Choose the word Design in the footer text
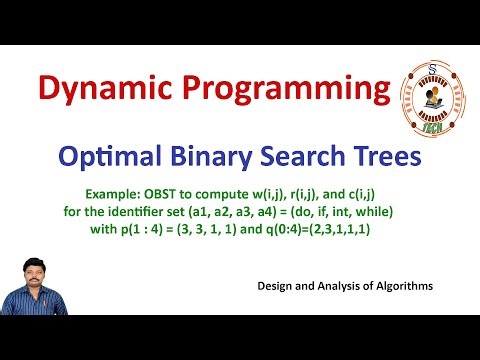[x=276, y=286]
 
